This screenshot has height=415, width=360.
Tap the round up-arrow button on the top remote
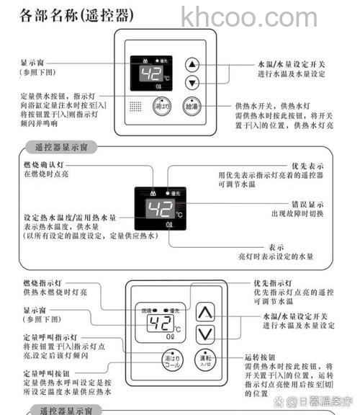(x=192, y=63)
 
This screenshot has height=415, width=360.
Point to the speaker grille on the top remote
(x=136, y=105)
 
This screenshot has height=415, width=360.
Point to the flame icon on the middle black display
(x=148, y=192)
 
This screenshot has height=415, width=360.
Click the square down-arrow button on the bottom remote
(x=207, y=334)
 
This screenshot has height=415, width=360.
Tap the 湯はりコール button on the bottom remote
(x=170, y=360)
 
